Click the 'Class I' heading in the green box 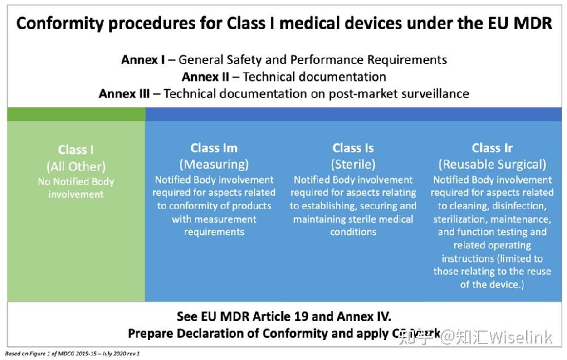76,150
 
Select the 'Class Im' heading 214,148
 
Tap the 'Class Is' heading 353,148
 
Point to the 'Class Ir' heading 492,148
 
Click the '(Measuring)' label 214,164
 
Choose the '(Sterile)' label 353,164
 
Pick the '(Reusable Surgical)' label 492,164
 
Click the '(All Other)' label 76,167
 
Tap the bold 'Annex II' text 205,77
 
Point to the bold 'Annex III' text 124,94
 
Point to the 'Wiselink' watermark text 520,338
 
